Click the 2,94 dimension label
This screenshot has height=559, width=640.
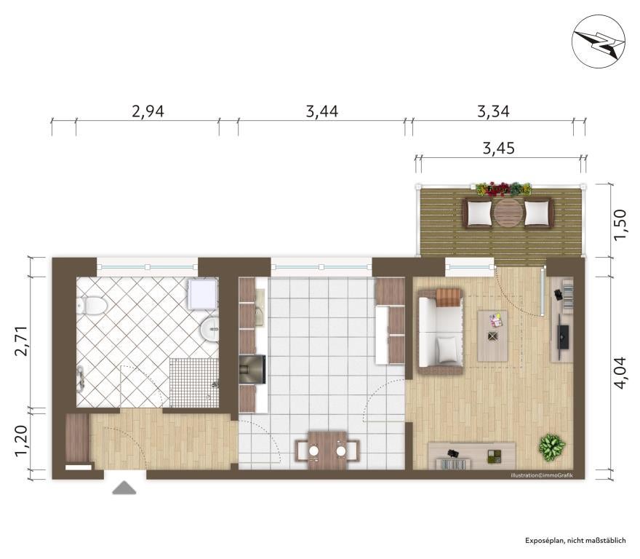coord(148,111)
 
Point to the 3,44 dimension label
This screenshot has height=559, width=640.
coord(322,111)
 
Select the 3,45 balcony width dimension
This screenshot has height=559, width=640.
coord(499,148)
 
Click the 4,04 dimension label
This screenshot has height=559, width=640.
coord(619,373)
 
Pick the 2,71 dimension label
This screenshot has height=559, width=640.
coord(20,341)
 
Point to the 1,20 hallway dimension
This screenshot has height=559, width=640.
coord(20,441)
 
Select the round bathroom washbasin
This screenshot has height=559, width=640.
coord(209,328)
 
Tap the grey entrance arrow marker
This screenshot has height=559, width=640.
coord(124,488)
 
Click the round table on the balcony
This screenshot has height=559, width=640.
coord(508,213)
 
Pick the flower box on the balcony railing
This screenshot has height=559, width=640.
coord(504,189)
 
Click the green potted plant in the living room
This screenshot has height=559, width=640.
coord(552,445)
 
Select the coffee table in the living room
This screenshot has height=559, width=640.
coord(492,336)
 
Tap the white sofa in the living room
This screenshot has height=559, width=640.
coord(440,332)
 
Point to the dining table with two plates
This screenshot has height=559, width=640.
coord(327,451)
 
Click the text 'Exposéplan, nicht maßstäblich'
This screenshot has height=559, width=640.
coord(575,541)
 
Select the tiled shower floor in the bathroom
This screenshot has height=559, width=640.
coord(194,383)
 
